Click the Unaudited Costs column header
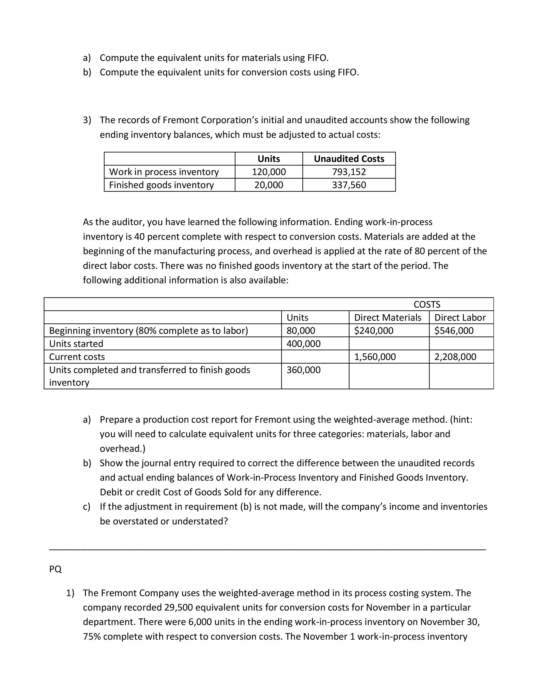pos(349,159)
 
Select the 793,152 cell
pos(349,172)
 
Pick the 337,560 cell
pos(349,185)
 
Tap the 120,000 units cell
pos(269,172)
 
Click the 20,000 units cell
pos(269,185)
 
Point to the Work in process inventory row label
pos(164,172)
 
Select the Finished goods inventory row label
pos(161,185)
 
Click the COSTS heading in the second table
pos(427,304)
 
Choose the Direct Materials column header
pos(388,317)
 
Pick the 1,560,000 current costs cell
pos(375,357)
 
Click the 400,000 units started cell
pos(304,344)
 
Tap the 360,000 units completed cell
pos(304,370)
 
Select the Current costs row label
pos(77,357)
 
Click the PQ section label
pos(56,569)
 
